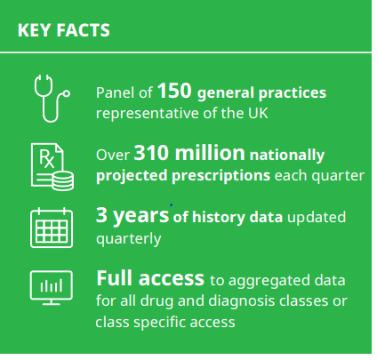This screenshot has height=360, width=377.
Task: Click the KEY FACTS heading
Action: (64, 30)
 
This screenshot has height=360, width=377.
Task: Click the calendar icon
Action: (52, 228)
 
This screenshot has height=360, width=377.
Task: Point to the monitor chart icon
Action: (52, 288)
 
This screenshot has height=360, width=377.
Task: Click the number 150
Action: (174, 91)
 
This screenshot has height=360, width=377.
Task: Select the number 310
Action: (152, 153)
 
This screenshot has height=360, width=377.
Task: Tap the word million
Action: (210, 153)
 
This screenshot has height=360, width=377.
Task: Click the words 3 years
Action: (132, 215)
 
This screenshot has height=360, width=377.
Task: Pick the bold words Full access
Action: (150, 278)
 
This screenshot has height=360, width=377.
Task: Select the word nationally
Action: (287, 156)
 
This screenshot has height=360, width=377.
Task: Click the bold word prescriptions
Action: (221, 176)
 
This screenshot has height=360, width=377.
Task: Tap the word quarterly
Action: (129, 239)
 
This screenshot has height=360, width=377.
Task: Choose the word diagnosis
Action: (242, 301)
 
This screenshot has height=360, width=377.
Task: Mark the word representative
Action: (148, 114)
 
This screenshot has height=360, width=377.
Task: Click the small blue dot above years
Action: (172, 204)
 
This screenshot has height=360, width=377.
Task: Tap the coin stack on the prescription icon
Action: (63, 181)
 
